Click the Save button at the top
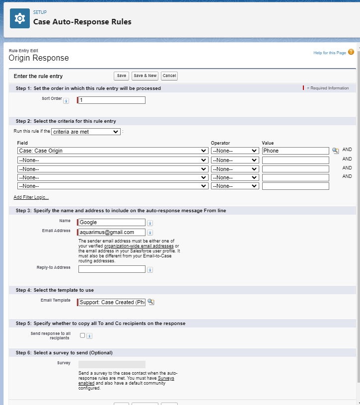(x=121, y=76)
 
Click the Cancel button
(x=169, y=76)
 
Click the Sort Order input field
(x=112, y=100)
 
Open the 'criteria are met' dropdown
(x=86, y=132)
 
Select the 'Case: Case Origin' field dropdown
(x=112, y=151)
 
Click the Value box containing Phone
(x=295, y=151)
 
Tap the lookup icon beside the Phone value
(x=335, y=151)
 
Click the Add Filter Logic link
(x=31, y=197)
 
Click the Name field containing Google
(x=112, y=223)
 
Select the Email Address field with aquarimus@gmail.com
(x=112, y=232)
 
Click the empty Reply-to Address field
(x=112, y=269)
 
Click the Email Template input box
(x=112, y=302)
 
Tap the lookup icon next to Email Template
(x=151, y=302)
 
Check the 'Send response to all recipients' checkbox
(x=82, y=335)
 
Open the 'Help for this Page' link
(x=330, y=53)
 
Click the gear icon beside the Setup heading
(x=20, y=18)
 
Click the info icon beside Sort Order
(x=66, y=101)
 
